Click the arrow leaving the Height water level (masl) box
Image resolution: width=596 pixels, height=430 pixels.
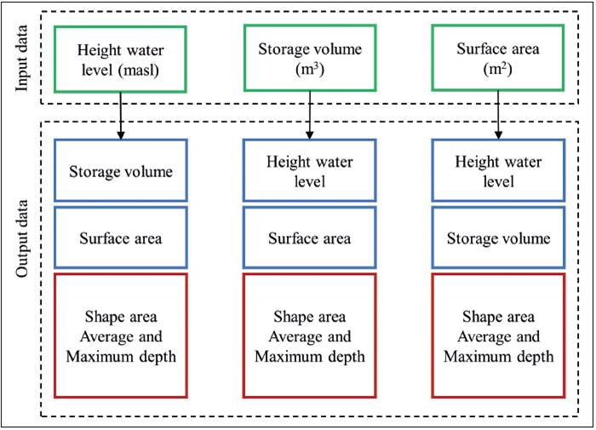[120, 116]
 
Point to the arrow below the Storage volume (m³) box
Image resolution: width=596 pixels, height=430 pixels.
[308, 116]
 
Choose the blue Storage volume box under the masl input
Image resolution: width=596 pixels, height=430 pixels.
[120, 171]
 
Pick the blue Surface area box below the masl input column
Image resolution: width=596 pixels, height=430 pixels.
[120, 238]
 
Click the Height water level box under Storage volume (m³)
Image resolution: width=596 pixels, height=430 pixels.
[308, 171]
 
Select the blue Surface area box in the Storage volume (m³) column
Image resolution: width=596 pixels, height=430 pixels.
[308, 238]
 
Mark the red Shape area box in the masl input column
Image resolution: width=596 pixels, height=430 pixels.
[120, 335]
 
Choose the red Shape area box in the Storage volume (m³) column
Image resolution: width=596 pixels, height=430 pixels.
[308, 335]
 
